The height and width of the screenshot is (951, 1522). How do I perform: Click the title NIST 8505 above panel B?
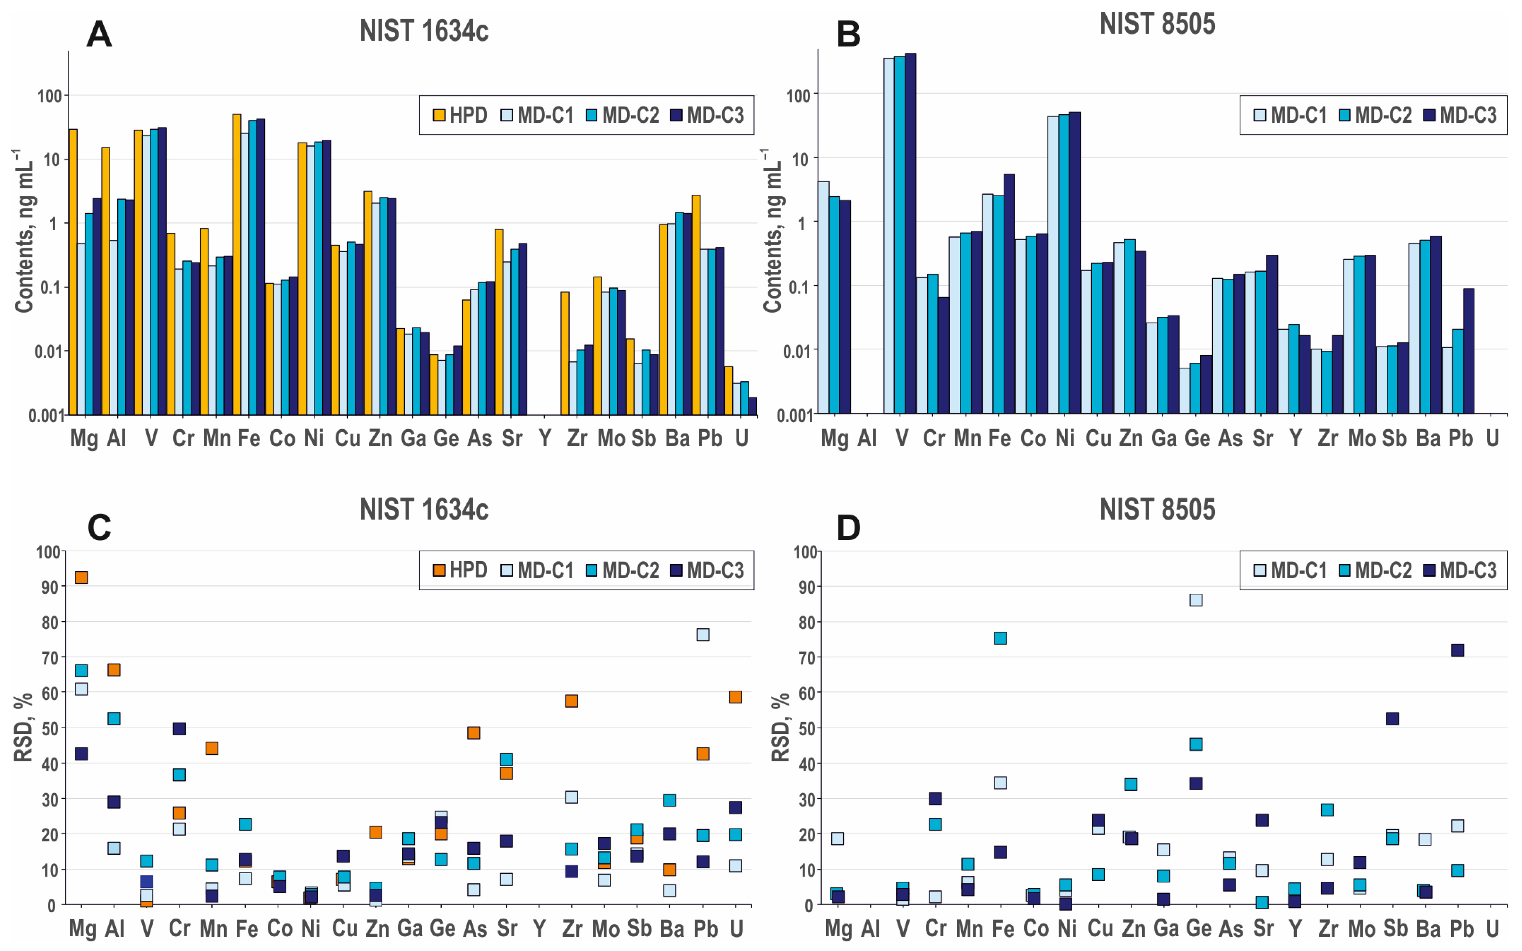pyautogui.click(x=1157, y=24)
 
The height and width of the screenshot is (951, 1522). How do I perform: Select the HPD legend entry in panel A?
pyautogui.click(x=461, y=115)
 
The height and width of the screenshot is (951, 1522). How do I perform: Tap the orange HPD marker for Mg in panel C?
pyautogui.click(x=81, y=577)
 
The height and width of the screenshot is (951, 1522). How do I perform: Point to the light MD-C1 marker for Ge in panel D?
pyautogui.click(x=1196, y=600)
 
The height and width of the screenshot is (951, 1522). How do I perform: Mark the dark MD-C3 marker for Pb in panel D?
pyautogui.click(x=1457, y=650)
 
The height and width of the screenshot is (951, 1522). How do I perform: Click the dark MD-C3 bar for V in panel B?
pyautogui.click(x=910, y=233)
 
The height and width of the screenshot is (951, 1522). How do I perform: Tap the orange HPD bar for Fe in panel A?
pyautogui.click(x=237, y=264)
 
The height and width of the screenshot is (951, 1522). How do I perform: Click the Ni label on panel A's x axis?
pyautogui.click(x=314, y=438)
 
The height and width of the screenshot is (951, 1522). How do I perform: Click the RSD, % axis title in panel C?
pyautogui.click(x=23, y=728)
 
